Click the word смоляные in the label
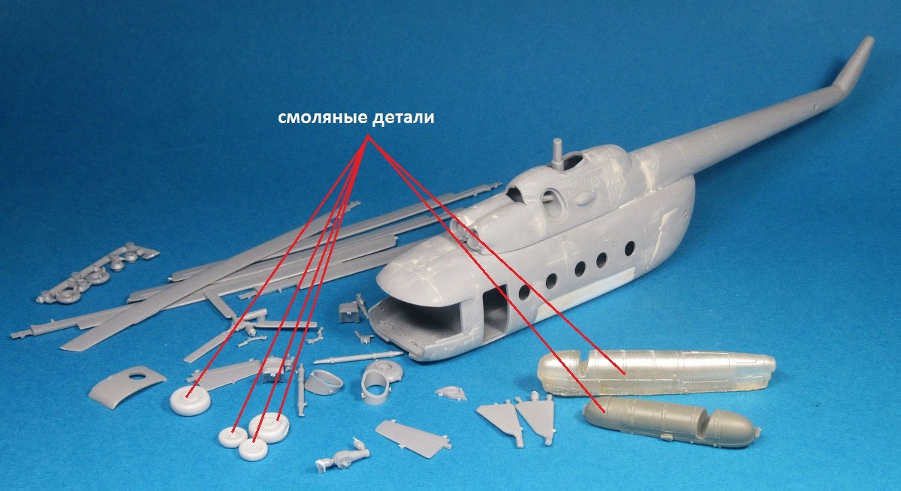322,118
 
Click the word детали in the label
402,118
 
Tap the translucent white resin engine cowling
655,372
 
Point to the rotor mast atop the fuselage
557,155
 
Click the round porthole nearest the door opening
524,292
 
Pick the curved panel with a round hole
126,385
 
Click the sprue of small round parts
97,273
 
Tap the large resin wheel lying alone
190,400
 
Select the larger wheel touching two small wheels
269,427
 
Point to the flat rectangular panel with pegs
412,438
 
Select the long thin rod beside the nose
359,357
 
